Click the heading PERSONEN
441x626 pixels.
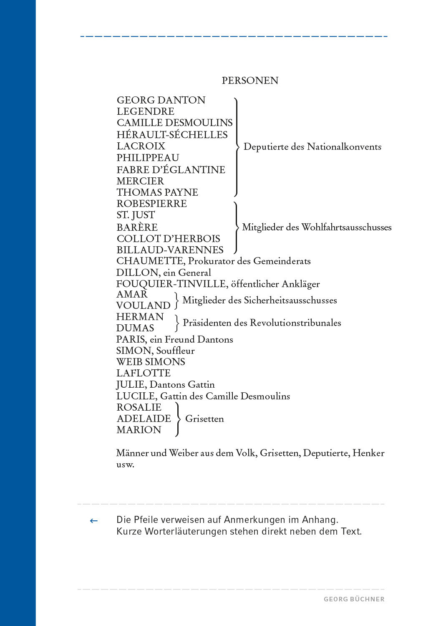250,81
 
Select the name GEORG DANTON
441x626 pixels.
161,100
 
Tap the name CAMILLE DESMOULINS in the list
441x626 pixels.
174,123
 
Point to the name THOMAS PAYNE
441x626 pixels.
157,192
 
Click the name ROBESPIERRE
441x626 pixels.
151,204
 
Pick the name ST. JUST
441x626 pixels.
136,215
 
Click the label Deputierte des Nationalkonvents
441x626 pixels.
312,147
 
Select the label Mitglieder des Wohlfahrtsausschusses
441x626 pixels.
317,227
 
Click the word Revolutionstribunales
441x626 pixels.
297,323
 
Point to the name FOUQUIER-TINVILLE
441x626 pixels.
171,284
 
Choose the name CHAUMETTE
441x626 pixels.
150,261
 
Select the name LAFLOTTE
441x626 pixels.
144,373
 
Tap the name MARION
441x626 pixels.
139,430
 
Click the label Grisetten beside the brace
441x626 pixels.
204,419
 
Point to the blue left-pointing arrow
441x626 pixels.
94,520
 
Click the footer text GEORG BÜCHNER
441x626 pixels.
354,599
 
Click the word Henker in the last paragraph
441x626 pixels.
368,453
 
